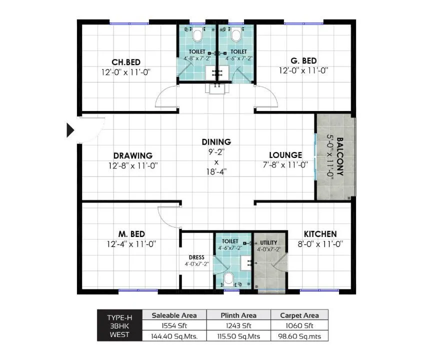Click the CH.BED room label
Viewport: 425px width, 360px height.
(x=125, y=62)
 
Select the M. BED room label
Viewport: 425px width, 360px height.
(x=131, y=234)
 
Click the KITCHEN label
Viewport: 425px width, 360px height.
(x=320, y=234)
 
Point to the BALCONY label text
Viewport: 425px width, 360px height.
(x=340, y=155)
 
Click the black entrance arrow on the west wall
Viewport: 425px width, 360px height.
(x=70, y=130)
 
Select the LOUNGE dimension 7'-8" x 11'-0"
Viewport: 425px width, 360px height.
(x=285, y=164)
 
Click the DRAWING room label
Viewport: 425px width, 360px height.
(x=132, y=155)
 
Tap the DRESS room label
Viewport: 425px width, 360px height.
(x=196, y=257)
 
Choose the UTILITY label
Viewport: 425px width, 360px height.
(x=268, y=243)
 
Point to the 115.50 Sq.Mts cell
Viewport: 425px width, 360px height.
(x=238, y=336)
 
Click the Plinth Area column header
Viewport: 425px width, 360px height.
(x=238, y=315)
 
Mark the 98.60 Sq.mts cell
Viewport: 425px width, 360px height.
(x=299, y=336)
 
